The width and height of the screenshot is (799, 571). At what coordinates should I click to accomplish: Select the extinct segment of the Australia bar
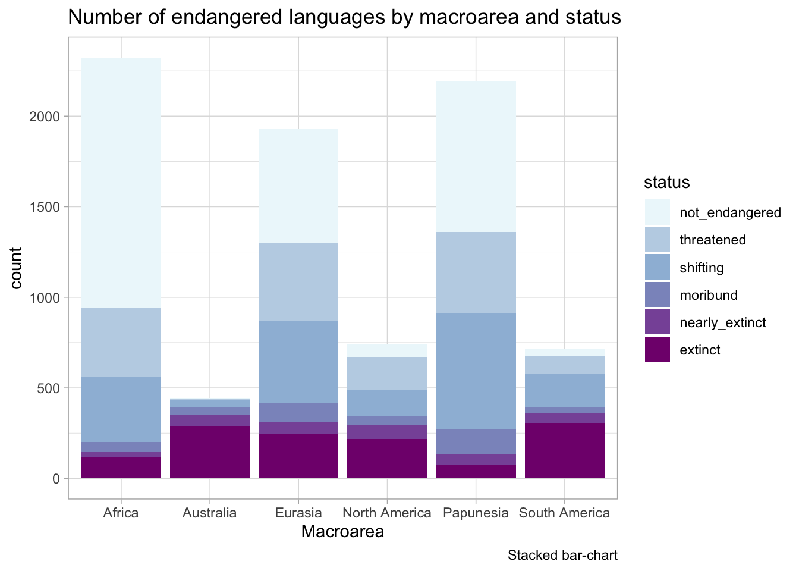(210, 452)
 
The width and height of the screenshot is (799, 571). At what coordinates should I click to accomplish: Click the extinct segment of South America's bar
(565, 450)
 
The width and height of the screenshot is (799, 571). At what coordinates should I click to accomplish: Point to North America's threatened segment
(387, 374)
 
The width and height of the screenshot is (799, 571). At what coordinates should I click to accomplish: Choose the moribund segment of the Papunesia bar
(476, 441)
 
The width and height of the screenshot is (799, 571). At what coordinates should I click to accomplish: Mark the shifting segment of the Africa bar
(121, 409)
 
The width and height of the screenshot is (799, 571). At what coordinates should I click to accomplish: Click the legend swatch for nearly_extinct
(658, 322)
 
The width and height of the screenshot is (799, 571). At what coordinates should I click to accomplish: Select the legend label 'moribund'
(708, 295)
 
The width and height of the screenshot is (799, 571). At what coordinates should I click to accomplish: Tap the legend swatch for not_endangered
(658, 212)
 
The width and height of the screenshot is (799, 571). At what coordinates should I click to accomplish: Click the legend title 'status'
(667, 182)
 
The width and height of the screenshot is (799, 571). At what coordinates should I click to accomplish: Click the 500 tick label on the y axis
(48, 388)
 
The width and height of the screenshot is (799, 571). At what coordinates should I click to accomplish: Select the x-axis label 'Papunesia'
(476, 513)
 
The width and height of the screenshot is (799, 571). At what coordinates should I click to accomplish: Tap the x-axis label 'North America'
(387, 513)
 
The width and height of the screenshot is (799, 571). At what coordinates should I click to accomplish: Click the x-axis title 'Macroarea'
(342, 531)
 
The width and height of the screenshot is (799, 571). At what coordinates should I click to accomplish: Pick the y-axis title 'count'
(17, 268)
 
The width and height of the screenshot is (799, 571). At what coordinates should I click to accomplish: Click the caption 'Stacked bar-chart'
(562, 556)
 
